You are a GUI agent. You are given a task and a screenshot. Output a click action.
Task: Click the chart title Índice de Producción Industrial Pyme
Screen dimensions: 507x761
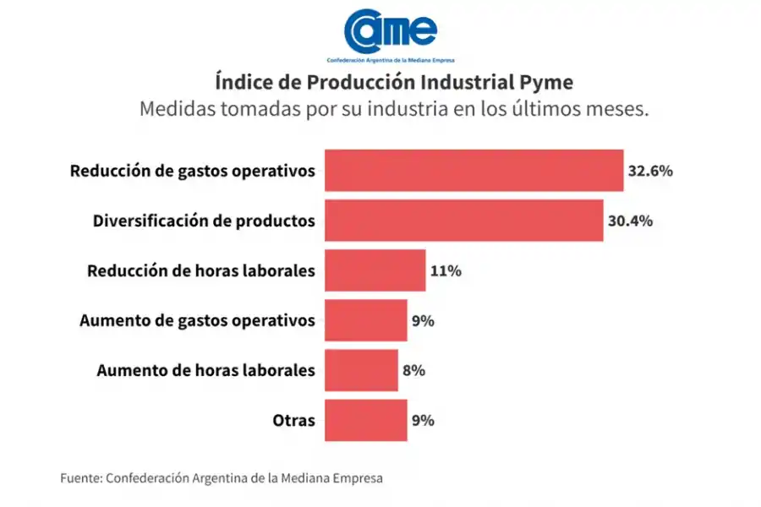pos(394,82)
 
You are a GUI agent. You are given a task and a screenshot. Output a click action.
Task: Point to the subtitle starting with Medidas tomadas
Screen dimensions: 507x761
pos(394,110)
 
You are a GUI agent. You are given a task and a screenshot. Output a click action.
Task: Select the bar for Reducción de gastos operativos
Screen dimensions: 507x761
pos(474,171)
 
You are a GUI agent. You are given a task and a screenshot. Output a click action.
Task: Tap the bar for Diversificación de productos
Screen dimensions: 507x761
pos(463,221)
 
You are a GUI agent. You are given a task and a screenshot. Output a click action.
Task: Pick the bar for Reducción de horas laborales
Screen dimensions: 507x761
pos(375,270)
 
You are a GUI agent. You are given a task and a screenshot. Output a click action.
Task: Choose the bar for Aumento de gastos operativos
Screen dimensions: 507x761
pos(365,320)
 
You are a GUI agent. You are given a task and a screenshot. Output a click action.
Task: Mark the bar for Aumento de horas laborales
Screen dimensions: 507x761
pos(361,370)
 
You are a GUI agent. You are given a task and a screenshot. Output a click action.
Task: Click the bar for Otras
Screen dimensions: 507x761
pos(365,420)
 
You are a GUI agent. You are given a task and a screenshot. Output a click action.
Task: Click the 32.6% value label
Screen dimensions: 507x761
pos(649,171)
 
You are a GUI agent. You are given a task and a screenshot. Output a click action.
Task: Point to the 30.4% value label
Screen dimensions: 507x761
pos(630,221)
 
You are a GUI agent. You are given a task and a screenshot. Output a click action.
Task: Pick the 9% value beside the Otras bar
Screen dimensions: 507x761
pos(424,420)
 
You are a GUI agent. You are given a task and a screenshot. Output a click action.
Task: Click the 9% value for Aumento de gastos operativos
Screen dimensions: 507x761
pos(424,321)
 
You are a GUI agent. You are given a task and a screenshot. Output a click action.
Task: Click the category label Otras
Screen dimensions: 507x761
pos(294,420)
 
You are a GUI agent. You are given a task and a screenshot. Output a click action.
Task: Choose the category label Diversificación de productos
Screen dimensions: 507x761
pos(203,221)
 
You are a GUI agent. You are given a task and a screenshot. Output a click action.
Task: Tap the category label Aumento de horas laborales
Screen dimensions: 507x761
pos(205,370)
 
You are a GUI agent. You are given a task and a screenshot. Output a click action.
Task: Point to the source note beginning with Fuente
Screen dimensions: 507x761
pos(221,477)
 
